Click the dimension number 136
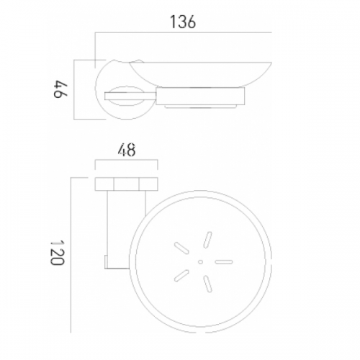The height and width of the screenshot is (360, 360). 183,22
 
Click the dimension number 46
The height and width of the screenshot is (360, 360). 60,89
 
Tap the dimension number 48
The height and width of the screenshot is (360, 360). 127,150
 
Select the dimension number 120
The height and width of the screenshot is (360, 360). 57,253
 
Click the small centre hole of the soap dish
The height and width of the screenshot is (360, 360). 201,262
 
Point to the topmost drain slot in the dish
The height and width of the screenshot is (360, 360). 207,240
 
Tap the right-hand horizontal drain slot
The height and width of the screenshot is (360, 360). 224,262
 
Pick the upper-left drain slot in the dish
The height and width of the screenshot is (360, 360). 181,248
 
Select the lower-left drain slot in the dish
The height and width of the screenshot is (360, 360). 181,276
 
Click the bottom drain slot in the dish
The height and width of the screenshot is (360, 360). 208,284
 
